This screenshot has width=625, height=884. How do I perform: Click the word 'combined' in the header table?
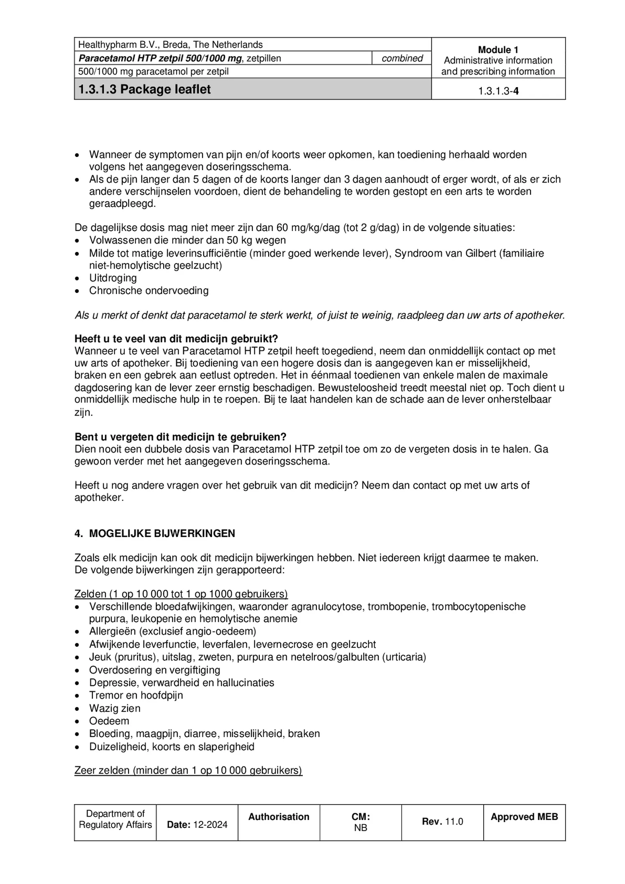pos(402,58)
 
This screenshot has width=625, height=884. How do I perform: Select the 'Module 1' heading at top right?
pos(498,50)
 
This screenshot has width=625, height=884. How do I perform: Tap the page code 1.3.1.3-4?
pos(498,91)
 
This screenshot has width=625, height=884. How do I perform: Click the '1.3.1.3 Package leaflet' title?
pos(145,89)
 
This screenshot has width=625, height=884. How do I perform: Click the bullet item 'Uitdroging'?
pos(113,278)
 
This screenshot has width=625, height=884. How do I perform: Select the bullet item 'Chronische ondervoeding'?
pos(149,290)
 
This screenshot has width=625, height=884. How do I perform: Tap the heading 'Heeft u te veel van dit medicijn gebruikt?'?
pos(176,339)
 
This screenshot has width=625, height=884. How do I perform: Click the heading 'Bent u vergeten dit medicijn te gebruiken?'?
pos(180,437)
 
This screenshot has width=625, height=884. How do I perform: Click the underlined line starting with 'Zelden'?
pos(181,594)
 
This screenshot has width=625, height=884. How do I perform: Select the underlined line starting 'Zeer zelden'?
pos(188,770)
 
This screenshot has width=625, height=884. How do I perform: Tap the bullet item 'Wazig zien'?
pos(115,708)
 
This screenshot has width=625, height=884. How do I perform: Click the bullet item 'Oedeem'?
pos(109,721)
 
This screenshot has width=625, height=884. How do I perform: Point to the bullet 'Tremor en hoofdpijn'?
pos(136,695)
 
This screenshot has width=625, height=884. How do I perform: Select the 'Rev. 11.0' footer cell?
pos(442,821)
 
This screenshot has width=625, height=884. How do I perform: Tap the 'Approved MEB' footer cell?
pos(524,817)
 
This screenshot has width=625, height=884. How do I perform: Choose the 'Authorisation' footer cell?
pos(279,817)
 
